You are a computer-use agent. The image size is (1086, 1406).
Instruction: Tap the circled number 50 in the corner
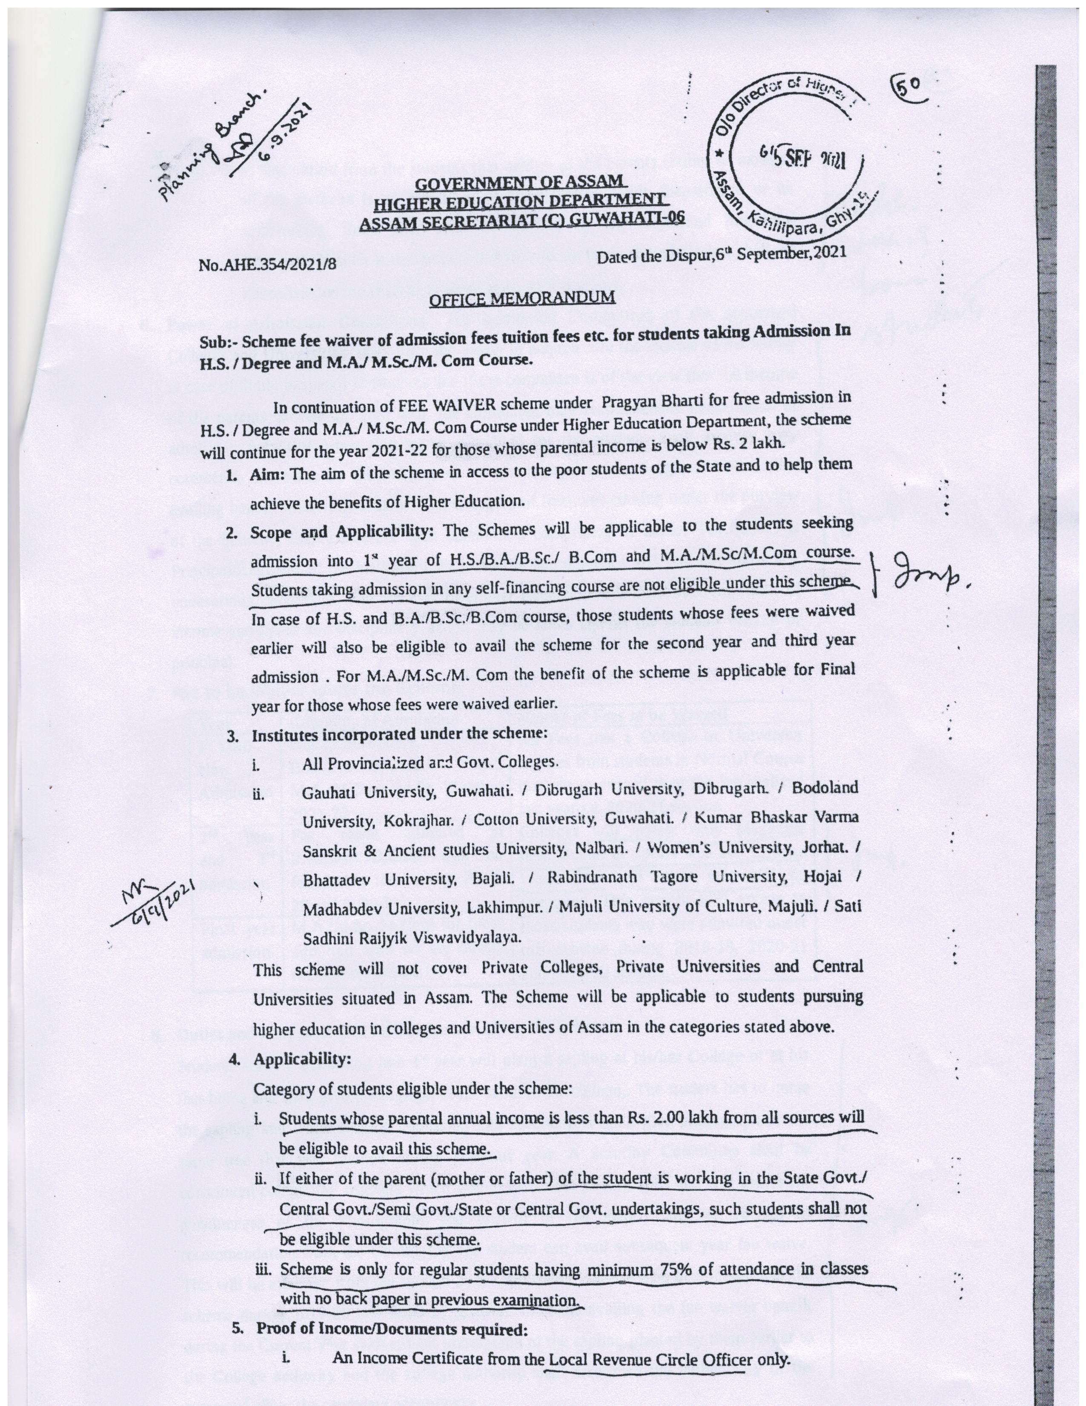pyautogui.click(x=908, y=86)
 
